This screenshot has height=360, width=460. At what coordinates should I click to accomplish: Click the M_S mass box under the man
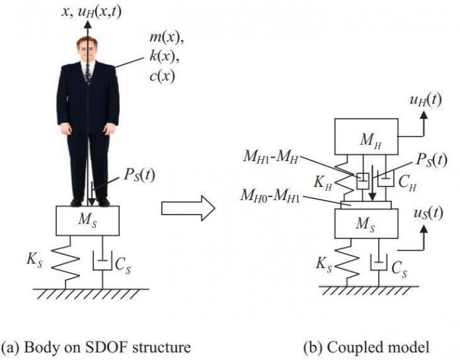pyautogui.click(x=87, y=220)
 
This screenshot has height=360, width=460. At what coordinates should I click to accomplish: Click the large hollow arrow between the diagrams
pyautogui.click(x=188, y=209)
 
